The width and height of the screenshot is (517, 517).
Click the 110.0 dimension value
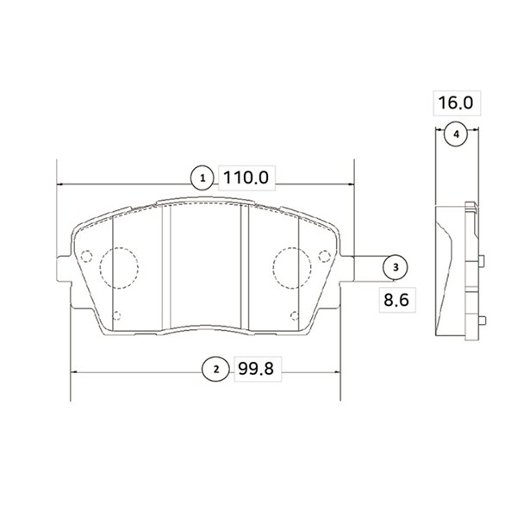246,178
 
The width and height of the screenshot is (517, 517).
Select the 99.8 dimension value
256,369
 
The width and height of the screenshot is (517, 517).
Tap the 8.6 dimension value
396,300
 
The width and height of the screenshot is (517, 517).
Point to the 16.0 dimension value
456,103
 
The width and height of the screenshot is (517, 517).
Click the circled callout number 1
202,178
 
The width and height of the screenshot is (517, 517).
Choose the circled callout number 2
216,369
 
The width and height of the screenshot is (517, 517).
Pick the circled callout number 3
396,267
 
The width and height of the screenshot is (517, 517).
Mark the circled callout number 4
456,134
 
